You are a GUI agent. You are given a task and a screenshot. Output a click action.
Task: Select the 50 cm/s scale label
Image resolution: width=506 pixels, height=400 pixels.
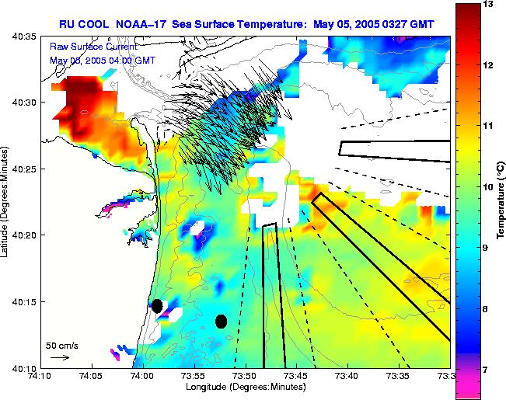coord(62,345)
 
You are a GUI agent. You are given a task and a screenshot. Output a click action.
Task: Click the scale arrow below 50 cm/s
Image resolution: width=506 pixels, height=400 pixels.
coord(59,357)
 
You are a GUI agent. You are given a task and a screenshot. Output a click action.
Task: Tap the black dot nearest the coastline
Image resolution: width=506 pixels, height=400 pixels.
coord(157,305)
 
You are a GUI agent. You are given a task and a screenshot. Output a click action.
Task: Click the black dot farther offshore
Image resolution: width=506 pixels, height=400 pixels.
coord(221,321)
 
